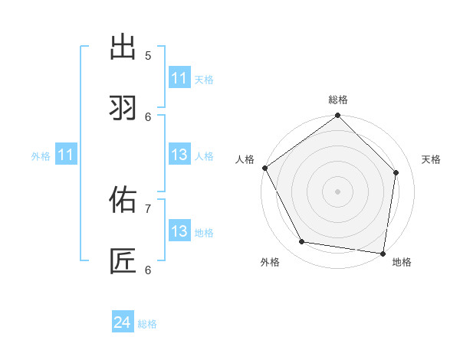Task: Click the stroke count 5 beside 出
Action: [x=148, y=55]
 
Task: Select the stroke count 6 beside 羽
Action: [x=148, y=116]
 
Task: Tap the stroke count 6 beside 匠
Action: [x=148, y=270]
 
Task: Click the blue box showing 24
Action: [x=123, y=323]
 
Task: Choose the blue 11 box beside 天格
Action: [x=179, y=78]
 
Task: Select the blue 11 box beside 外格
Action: [x=66, y=155]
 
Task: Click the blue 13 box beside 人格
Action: [x=179, y=155]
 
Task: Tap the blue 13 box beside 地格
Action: [x=179, y=232]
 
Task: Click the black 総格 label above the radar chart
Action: [x=338, y=100]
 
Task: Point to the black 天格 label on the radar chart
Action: [x=431, y=159]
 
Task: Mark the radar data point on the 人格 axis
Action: [x=265, y=168]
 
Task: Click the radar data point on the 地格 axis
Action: [x=383, y=253]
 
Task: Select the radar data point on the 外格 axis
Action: [x=302, y=242]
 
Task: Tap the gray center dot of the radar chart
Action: [x=338, y=191]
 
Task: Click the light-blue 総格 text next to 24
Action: [x=147, y=324]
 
